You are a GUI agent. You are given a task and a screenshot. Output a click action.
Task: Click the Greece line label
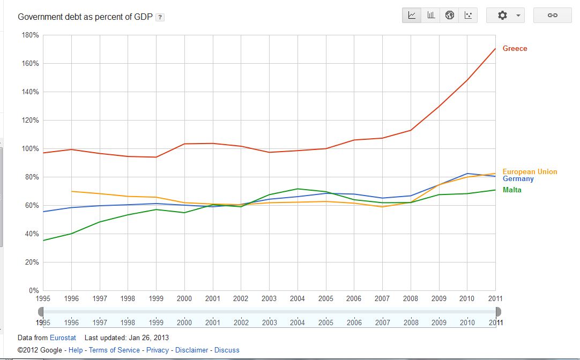[515, 49]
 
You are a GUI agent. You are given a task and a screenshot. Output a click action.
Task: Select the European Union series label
[530, 172]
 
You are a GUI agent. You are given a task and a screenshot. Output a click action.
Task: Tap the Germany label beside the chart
[518, 179]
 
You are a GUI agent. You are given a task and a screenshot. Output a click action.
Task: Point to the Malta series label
[512, 190]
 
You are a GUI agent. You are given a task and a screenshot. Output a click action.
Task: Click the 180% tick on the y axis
[30, 35]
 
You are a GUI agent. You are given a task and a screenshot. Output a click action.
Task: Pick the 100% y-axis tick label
[30, 149]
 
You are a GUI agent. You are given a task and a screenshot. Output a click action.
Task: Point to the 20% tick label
[32, 262]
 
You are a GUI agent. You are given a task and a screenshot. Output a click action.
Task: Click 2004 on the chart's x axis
[298, 299]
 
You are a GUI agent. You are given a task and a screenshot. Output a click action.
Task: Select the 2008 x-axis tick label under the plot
[411, 299]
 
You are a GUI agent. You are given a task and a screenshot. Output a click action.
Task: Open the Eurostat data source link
[63, 338]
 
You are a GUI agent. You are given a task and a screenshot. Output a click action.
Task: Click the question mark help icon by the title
[160, 17]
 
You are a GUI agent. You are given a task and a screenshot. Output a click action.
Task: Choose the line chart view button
[412, 16]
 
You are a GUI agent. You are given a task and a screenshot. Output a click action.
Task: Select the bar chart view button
[431, 16]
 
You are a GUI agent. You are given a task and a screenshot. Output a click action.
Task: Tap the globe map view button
[450, 16]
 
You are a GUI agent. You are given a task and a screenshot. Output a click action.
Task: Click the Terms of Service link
[114, 350]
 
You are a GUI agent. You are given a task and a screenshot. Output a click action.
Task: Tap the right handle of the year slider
[499, 312]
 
